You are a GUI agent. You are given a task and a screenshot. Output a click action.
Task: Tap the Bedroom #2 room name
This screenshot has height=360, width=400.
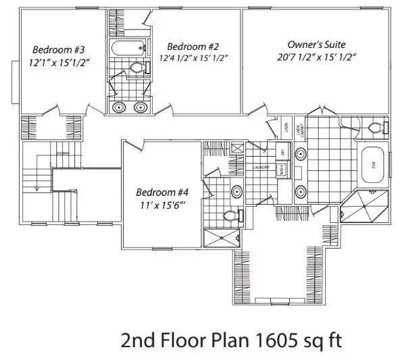pyautogui.click(x=193, y=46)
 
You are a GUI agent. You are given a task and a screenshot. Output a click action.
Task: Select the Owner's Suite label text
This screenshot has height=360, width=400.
pyautogui.click(x=316, y=44)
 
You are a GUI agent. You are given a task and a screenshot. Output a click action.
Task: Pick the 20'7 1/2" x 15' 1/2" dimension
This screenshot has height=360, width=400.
pyautogui.click(x=317, y=57)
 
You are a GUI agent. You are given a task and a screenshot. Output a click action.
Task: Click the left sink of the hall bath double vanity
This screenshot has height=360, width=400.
pyautogui.click(x=120, y=107)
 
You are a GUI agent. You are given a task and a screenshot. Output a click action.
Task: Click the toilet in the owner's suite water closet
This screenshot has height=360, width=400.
pyautogui.click(x=375, y=128)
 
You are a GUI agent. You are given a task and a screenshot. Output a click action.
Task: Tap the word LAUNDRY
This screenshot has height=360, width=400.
pyautogui.click(x=261, y=166)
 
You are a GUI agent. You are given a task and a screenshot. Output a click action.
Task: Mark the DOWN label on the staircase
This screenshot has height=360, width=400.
pyautogui.click(x=64, y=153)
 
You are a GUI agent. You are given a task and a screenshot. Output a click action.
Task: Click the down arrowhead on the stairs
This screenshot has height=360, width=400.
pyautogui.click(x=28, y=190)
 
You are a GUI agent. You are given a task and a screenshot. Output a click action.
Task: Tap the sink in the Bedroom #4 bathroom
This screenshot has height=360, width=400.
pyautogui.click(x=236, y=192)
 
